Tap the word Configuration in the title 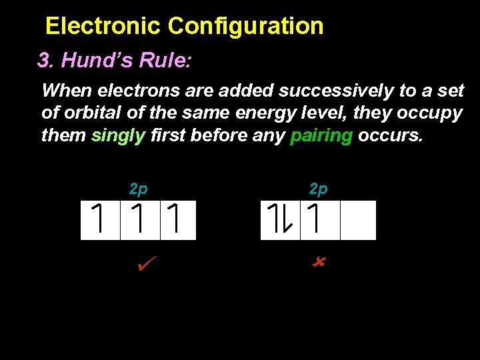coord(245,27)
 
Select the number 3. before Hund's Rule coord(46,61)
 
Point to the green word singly coord(118,135)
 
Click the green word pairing coord(321,136)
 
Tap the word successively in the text coord(337,90)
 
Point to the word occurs coord(389,135)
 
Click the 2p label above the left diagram coord(138,189)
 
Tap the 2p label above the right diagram coord(319,189)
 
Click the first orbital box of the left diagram coord(100,220)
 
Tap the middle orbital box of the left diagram coord(140,220)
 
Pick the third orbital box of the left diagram coord(178,220)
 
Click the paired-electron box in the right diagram coord(280,220)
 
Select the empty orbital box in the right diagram coord(359,220)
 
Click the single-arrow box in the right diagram coord(320,220)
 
